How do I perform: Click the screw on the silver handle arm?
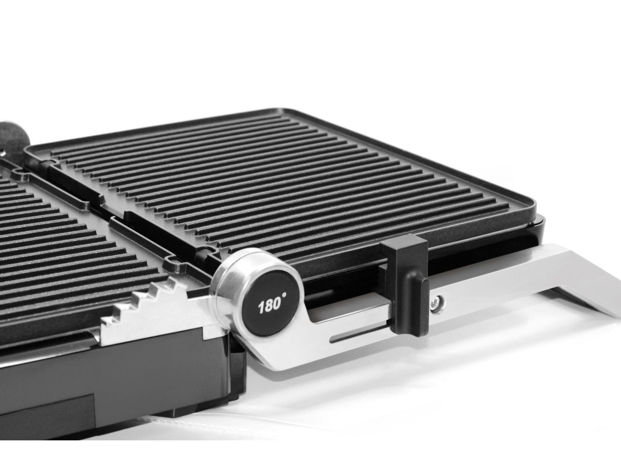point(436,303)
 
